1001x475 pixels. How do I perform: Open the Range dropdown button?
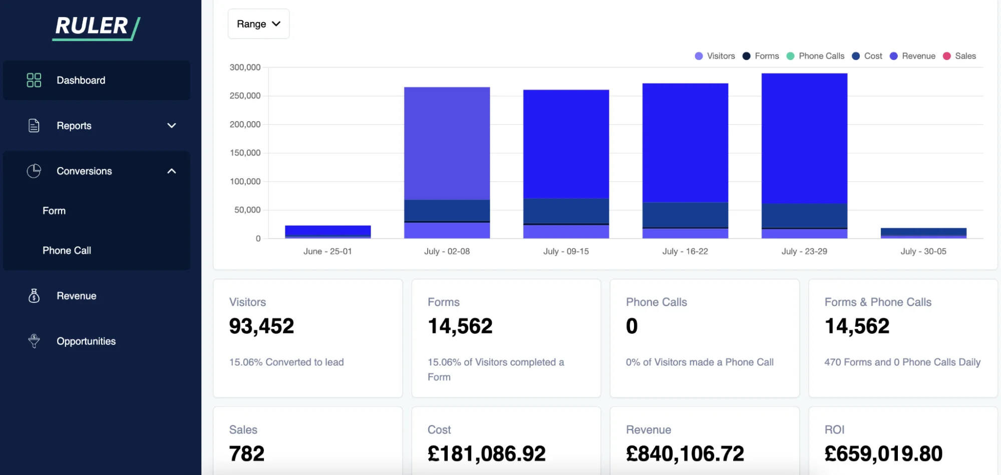point(258,24)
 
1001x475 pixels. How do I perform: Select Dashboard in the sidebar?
point(81,81)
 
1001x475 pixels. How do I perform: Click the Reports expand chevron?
point(172,126)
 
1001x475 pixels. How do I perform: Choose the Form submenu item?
point(54,211)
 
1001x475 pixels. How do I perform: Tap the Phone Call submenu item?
point(67,250)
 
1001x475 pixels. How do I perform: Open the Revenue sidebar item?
point(76,296)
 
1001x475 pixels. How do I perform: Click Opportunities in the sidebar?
point(86,341)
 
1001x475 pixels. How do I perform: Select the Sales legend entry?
point(959,56)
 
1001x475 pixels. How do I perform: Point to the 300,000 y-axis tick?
point(245,67)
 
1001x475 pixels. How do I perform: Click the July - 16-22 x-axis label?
point(685,251)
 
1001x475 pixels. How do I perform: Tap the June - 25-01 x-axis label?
point(327,251)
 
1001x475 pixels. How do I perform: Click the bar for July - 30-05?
point(923,233)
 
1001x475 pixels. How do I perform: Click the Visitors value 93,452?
point(261,326)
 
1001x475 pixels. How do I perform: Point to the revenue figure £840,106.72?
point(685,454)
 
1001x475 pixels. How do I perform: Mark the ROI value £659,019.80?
point(883,454)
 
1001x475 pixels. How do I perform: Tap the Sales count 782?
point(246,454)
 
